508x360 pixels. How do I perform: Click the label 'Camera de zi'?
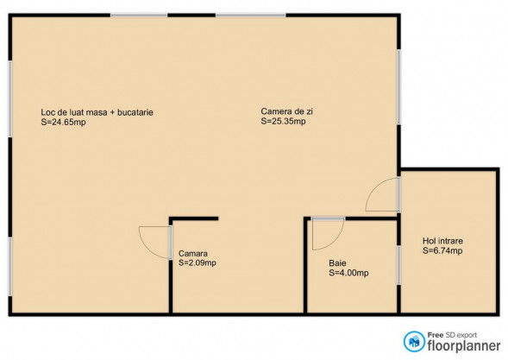286,111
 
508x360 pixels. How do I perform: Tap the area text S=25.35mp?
283,122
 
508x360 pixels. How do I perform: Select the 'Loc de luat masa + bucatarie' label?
97,112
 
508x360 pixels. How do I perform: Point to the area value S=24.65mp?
63,123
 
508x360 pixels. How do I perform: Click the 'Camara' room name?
193,253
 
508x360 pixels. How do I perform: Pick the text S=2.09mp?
197,262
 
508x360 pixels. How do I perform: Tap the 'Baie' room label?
337,263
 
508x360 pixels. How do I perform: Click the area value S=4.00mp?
348,273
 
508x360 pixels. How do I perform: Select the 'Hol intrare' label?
442,241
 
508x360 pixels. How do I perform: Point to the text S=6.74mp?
442,250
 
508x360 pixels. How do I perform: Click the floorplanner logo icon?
414,341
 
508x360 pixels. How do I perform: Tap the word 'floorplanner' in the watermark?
464,345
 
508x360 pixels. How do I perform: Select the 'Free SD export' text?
452,335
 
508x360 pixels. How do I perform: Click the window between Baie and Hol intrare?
398,265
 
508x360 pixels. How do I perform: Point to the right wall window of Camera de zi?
398,86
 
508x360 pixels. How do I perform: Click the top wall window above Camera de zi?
251,15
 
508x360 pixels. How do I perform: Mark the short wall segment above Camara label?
194,219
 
